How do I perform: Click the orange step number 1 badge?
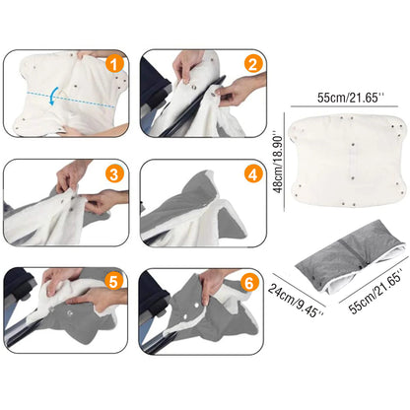pyautogui.click(x=114, y=64)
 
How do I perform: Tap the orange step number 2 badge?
pyautogui.click(x=253, y=64)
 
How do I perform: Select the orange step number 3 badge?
pyautogui.click(x=114, y=173)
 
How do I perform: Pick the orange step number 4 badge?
pyautogui.click(x=253, y=173)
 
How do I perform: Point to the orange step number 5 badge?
pyautogui.click(x=113, y=282)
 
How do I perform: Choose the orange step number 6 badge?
pyautogui.click(x=249, y=282)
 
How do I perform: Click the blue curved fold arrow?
pyautogui.click(x=53, y=96)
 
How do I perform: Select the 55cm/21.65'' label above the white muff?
pyautogui.click(x=350, y=98)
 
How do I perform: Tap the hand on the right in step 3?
pyautogui.click(x=104, y=200)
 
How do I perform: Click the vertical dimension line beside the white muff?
pyautogui.click(x=285, y=162)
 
